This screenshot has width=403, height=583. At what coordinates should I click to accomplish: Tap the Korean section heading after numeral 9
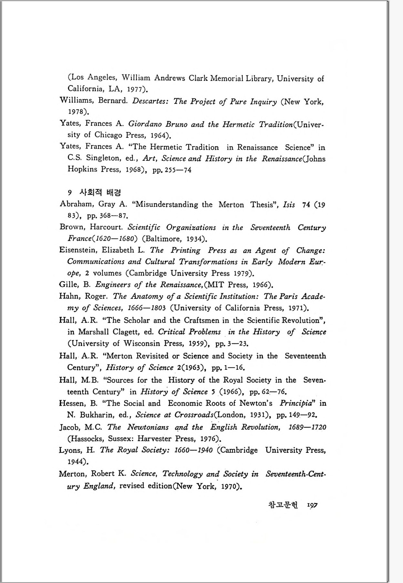tap(100, 192)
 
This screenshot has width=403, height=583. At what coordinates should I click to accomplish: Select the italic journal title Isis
tap(288, 205)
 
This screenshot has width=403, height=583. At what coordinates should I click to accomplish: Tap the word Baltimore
tap(163, 239)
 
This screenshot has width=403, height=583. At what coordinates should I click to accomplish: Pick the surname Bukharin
tap(97, 415)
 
